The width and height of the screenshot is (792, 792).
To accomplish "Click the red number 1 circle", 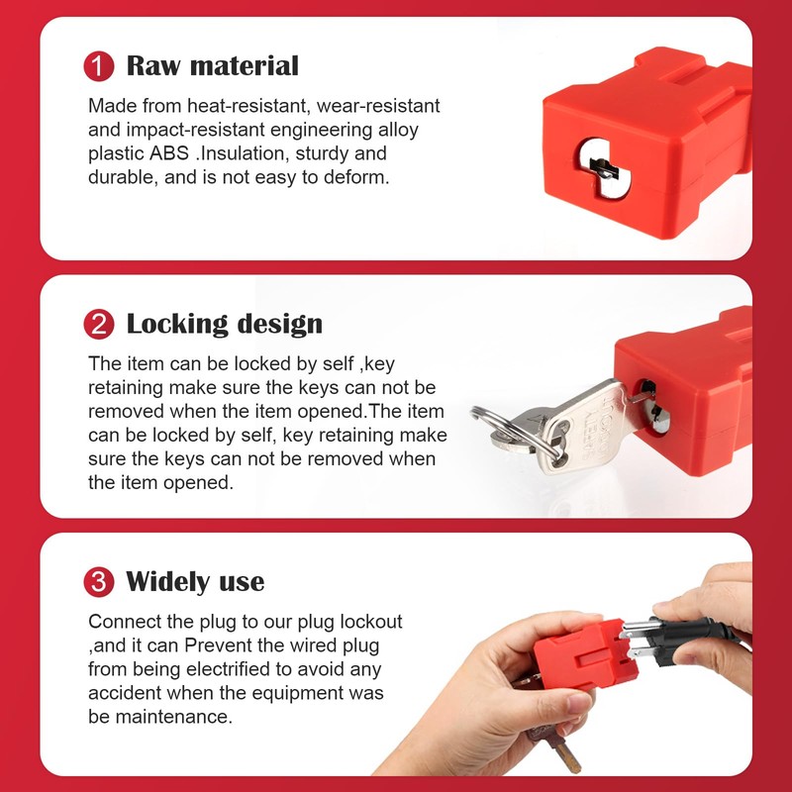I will coord(99,67).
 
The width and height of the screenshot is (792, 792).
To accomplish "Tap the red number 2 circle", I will coord(99,325).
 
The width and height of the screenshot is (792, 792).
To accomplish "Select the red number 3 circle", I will coord(99,582).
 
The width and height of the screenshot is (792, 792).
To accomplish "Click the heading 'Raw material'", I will coord(212,66).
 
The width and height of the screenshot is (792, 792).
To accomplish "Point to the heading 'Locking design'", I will coord(224,324).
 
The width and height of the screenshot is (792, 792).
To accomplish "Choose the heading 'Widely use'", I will coord(195,581).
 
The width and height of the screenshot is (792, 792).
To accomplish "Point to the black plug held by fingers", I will coord(693,634).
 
